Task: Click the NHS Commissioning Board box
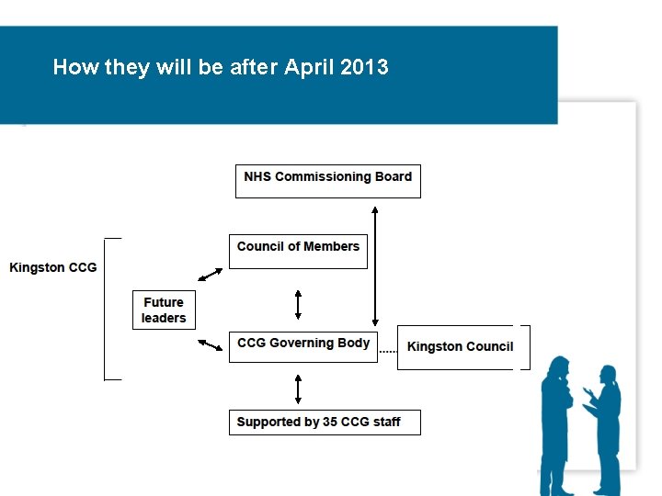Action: click(328, 180)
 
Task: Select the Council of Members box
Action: click(298, 251)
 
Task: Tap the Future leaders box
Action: click(164, 310)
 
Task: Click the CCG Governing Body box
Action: click(302, 346)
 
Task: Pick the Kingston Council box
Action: click(460, 347)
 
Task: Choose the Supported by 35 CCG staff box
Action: click(325, 423)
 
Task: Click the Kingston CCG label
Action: click(52, 267)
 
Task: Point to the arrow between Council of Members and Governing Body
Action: click(298, 303)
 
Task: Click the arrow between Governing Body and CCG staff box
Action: click(298, 388)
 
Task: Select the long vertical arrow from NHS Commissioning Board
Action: click(375, 266)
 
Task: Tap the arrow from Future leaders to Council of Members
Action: click(211, 275)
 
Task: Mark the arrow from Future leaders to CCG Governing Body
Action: click(211, 344)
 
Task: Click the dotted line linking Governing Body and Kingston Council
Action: click(387, 351)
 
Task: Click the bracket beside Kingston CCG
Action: click(108, 309)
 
